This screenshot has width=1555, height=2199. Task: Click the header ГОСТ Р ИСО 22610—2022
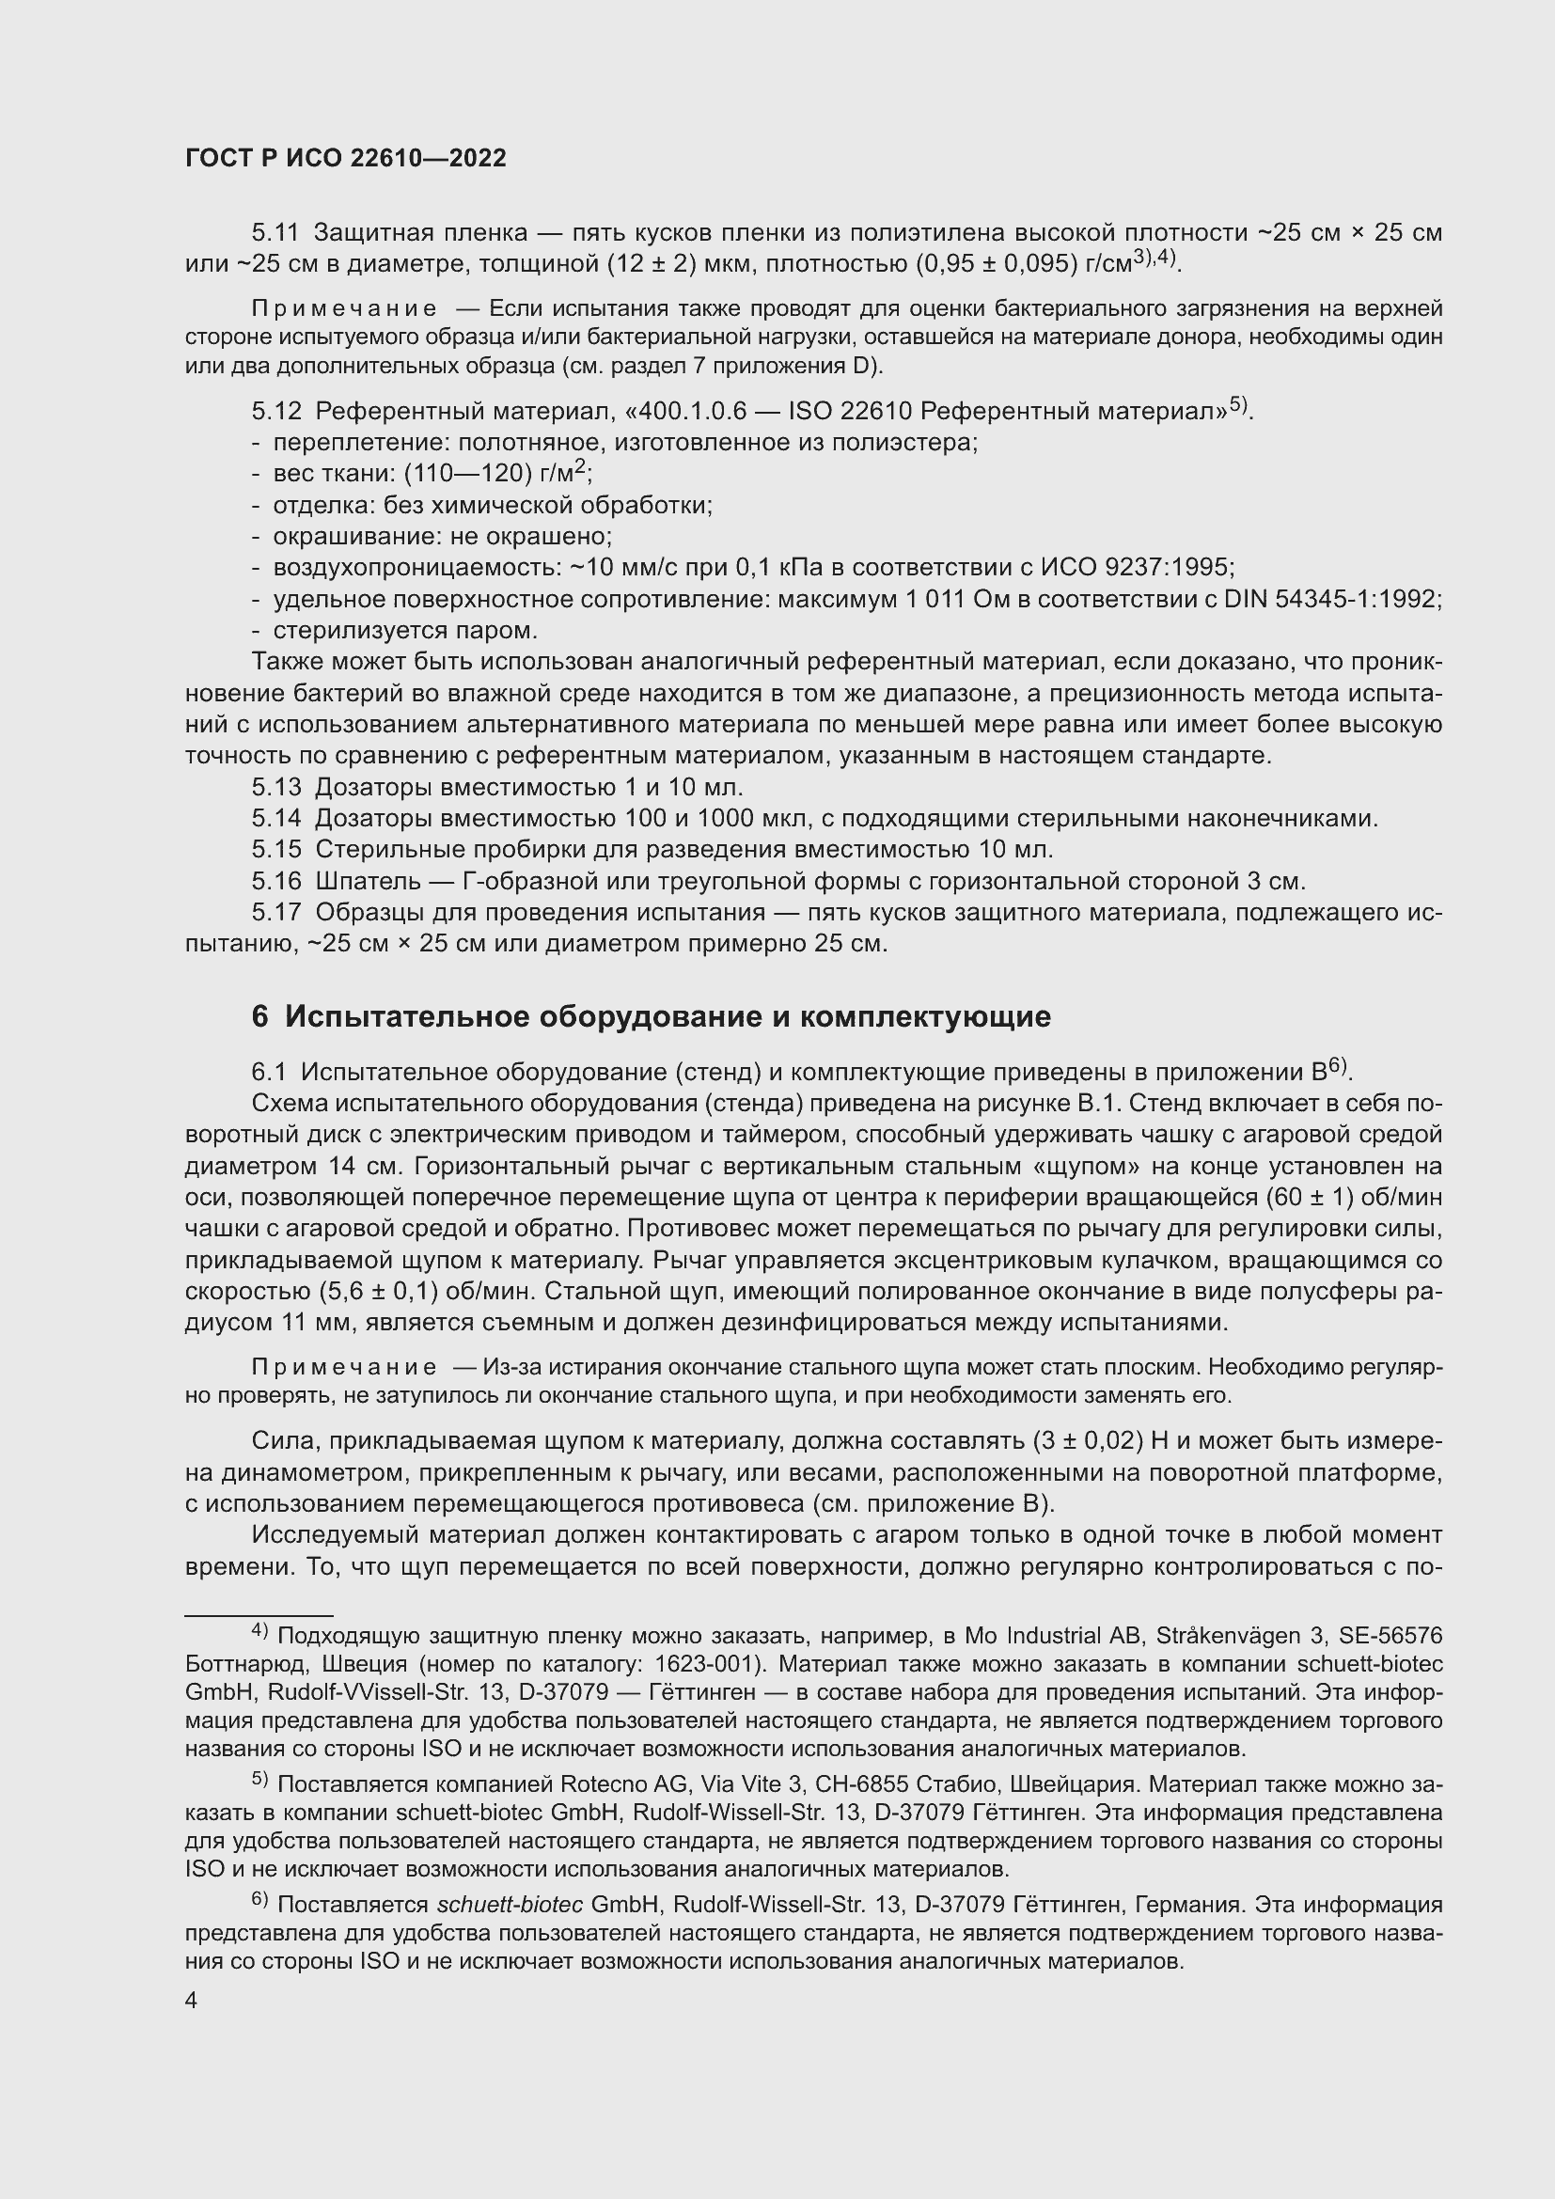point(345,159)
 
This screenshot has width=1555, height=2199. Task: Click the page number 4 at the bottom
point(192,2000)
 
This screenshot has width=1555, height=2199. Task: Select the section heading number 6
point(259,1016)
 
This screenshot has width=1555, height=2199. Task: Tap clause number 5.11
point(275,233)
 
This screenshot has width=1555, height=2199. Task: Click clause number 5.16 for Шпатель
point(275,880)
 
